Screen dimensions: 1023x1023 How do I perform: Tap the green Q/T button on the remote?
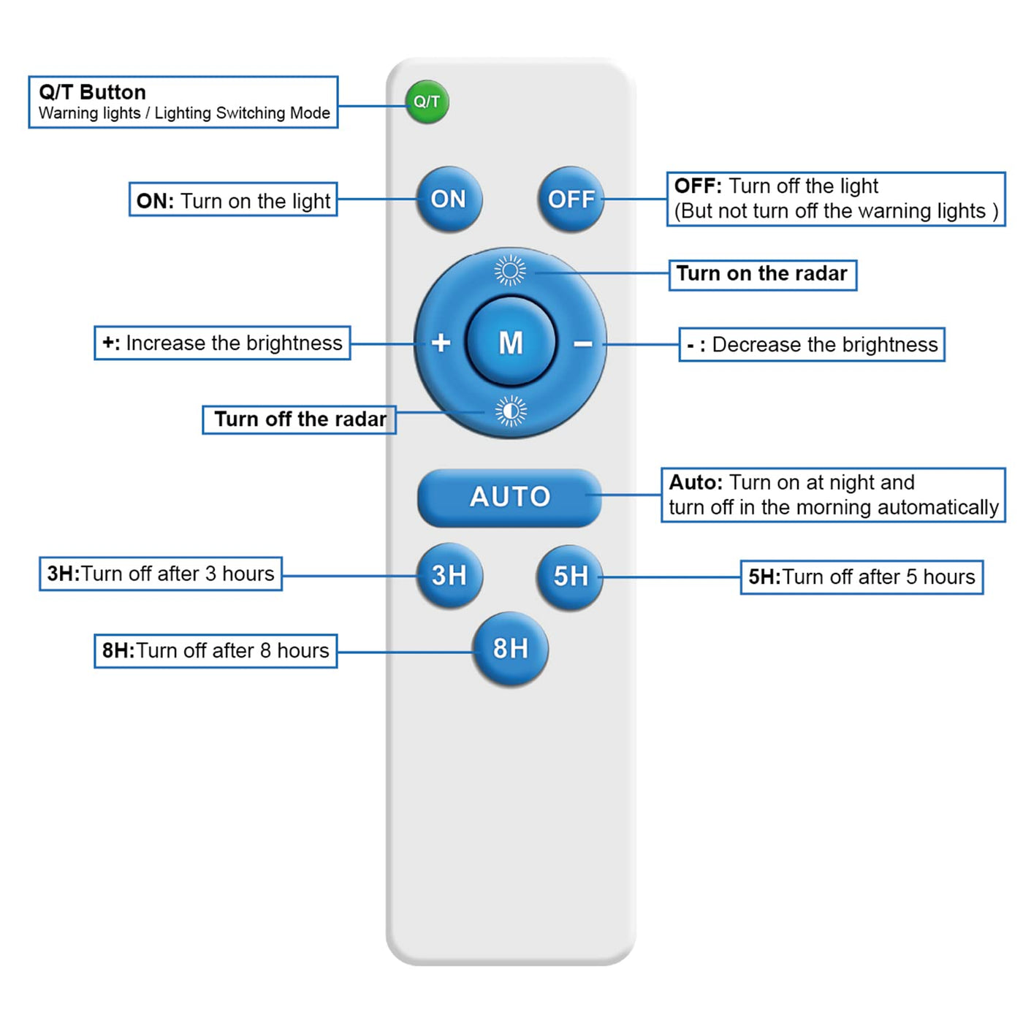click(427, 102)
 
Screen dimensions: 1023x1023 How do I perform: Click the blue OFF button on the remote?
click(571, 199)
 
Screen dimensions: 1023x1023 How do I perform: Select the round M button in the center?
click(511, 342)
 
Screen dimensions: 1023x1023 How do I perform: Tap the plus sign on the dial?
click(441, 342)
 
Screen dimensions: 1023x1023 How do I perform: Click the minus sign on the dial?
click(582, 343)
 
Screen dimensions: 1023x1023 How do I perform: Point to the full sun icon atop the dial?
click(510, 270)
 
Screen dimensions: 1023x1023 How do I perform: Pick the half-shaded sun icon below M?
click(511, 411)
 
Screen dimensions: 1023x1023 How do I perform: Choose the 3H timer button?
click(449, 575)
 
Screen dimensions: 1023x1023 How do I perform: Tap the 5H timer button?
click(570, 577)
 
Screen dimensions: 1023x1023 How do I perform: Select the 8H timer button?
click(510, 648)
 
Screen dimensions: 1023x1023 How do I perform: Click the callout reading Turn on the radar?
click(762, 274)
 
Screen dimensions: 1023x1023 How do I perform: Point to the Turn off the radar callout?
click(299, 419)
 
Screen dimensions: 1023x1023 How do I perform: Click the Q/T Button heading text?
click(92, 93)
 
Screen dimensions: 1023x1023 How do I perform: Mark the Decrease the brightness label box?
click(811, 344)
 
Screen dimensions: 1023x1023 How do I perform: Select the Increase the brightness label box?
click(222, 343)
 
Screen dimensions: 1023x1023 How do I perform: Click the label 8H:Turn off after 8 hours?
click(216, 650)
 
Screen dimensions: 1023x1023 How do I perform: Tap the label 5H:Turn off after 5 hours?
click(862, 577)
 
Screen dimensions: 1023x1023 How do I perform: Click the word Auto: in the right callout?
click(696, 483)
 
